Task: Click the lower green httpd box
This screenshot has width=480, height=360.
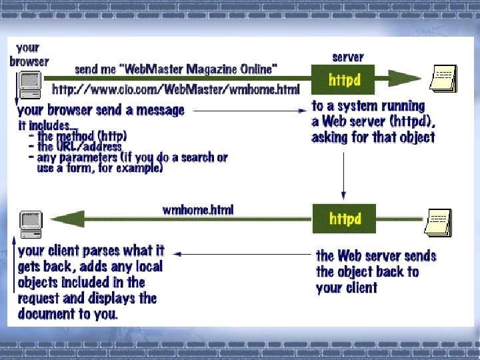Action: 344,219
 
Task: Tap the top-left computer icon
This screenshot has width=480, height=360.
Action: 29,82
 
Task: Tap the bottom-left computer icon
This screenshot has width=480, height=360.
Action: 31,222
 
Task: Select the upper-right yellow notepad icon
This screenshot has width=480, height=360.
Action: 443,80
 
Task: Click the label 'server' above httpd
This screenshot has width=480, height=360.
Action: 347,57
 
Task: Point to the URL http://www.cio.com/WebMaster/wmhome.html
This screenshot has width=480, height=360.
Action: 175,89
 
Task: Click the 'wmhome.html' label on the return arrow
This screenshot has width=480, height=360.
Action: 198,210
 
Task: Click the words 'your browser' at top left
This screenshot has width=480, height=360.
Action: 29,54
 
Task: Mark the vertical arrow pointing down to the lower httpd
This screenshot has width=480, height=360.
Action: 343,173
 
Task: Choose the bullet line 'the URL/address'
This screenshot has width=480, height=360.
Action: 79,146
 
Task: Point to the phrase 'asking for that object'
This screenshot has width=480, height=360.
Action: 373,137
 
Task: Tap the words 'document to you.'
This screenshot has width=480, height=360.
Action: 68,313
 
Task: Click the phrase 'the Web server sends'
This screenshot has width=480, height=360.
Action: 376,256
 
